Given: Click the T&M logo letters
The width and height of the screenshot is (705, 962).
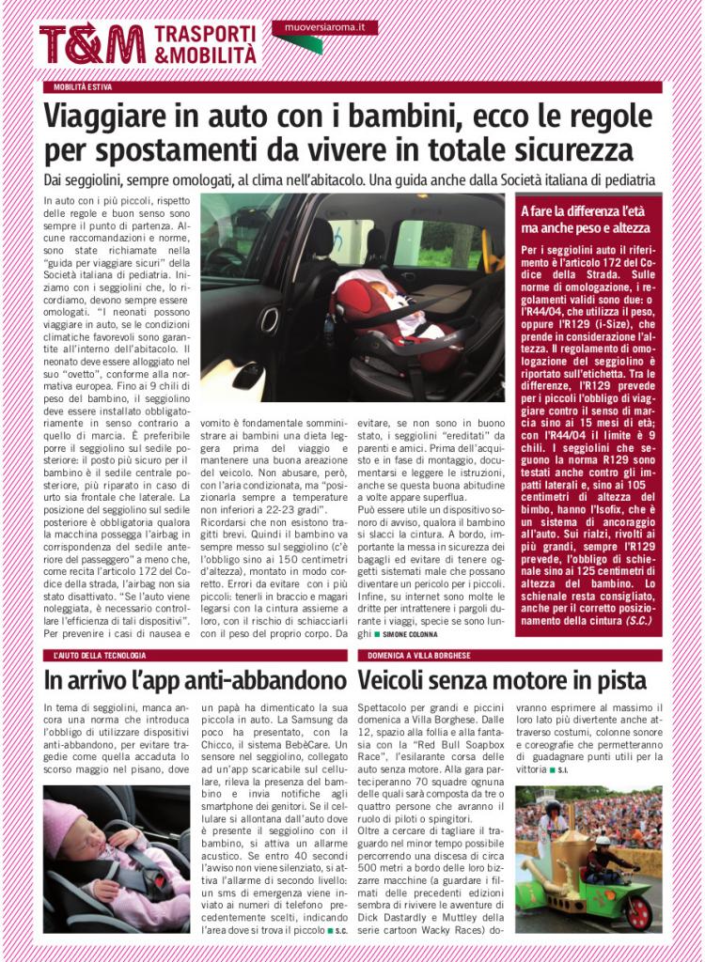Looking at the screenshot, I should pos(91,43).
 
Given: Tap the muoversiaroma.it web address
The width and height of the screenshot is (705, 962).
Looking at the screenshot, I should pos(324,28).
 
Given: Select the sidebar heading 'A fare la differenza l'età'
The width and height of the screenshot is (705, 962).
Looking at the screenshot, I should pos(579,211).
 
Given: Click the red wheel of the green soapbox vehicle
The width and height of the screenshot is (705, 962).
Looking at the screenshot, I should pos(637,912).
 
